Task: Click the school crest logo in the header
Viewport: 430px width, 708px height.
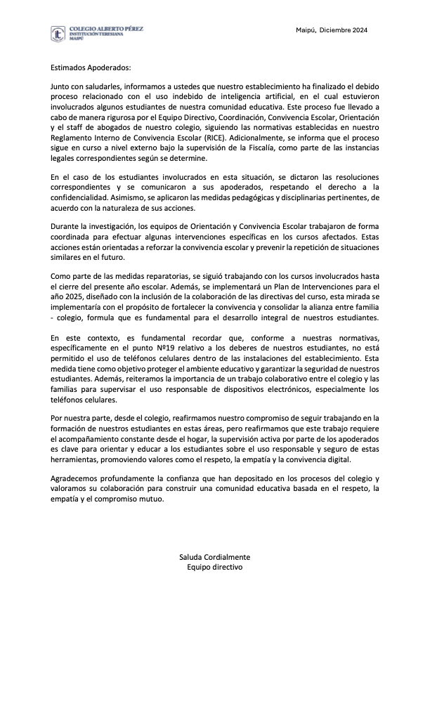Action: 59,34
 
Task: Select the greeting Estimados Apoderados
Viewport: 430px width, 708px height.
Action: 91,68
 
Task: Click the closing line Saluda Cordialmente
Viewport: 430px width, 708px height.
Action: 214,557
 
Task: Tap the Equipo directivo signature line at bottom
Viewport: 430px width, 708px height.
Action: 214,567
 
